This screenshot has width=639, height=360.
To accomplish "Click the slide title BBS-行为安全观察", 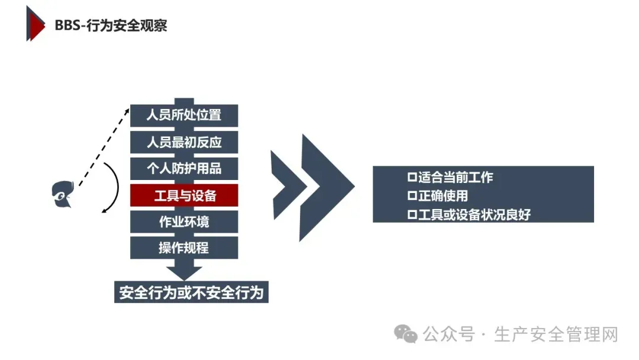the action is pos(111,25).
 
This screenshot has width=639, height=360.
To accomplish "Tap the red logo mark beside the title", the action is pos(35,24).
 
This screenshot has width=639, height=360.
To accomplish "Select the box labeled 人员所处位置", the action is pos(184,115).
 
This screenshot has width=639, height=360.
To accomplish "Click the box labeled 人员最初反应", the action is pos(184,142).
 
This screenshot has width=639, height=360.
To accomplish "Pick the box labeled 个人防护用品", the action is pos(184,168).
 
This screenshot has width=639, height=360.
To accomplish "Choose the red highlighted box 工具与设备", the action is pos(184,195).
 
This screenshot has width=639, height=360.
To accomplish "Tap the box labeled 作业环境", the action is pos(184,222).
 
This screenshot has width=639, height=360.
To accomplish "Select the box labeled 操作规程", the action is pos(184,247).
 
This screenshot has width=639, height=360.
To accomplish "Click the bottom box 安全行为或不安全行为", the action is pos(191,292).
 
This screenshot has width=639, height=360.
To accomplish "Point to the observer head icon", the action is pos(61,194).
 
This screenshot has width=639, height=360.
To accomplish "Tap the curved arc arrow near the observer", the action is pos(112,187).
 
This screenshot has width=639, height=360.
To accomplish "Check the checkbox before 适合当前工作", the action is pos(412,177).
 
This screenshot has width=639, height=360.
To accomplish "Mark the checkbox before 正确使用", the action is pos(412,196).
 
